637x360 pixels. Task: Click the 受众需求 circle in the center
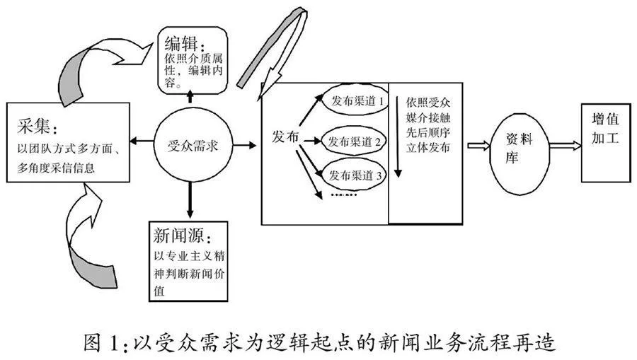click(x=193, y=145)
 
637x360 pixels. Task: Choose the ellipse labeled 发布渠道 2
click(x=353, y=141)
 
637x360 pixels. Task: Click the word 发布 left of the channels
click(x=285, y=137)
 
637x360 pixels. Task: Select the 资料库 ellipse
click(x=520, y=153)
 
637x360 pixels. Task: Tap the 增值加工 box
click(x=606, y=143)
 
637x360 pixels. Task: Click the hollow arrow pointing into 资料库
click(x=478, y=146)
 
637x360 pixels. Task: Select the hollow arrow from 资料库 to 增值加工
click(x=565, y=145)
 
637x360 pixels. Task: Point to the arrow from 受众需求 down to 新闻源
click(x=190, y=201)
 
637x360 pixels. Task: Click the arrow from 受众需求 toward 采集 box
click(x=142, y=141)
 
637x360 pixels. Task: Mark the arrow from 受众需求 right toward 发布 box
click(x=245, y=145)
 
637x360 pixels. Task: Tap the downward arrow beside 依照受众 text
click(x=398, y=137)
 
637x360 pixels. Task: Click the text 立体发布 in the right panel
click(x=427, y=148)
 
